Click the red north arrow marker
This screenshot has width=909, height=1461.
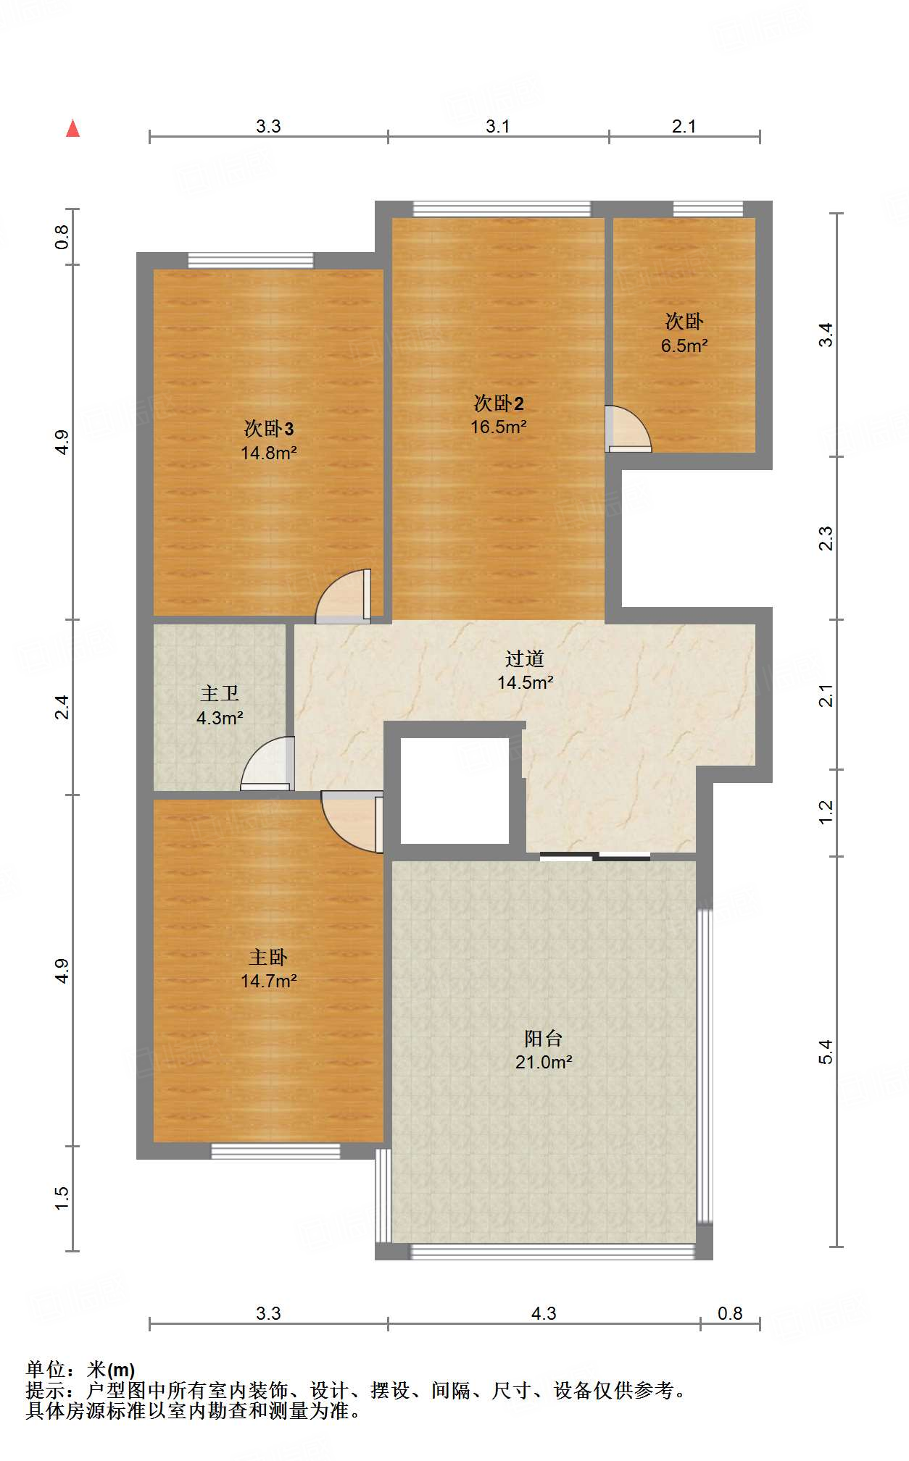pyautogui.click(x=72, y=128)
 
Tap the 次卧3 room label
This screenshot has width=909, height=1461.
pyautogui.click(x=269, y=429)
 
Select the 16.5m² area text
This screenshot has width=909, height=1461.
pyautogui.click(x=499, y=427)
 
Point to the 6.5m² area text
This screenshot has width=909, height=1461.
pyautogui.click(x=684, y=346)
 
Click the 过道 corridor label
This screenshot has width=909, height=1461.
pyautogui.click(x=525, y=658)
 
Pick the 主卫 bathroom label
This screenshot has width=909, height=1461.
pyautogui.click(x=220, y=694)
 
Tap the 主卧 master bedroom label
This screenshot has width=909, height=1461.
pyautogui.click(x=269, y=958)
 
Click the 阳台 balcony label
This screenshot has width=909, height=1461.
pyautogui.click(x=544, y=1039)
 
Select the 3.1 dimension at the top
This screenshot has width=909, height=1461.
pyautogui.click(x=498, y=126)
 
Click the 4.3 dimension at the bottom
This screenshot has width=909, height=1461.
pyautogui.click(x=544, y=1313)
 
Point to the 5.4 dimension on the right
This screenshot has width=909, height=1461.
pyautogui.click(x=826, y=1051)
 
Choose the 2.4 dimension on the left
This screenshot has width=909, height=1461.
pyautogui.click(x=62, y=707)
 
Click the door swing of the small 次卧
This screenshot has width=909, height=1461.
pyautogui.click(x=628, y=429)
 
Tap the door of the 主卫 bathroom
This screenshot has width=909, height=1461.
pyautogui.click(x=267, y=763)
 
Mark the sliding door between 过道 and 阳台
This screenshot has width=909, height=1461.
pyautogui.click(x=595, y=857)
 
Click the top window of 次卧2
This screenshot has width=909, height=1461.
pyautogui.click(x=502, y=209)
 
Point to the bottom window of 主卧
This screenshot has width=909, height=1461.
pyautogui.click(x=275, y=1151)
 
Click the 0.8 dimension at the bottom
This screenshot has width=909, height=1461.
pyautogui.click(x=730, y=1313)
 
